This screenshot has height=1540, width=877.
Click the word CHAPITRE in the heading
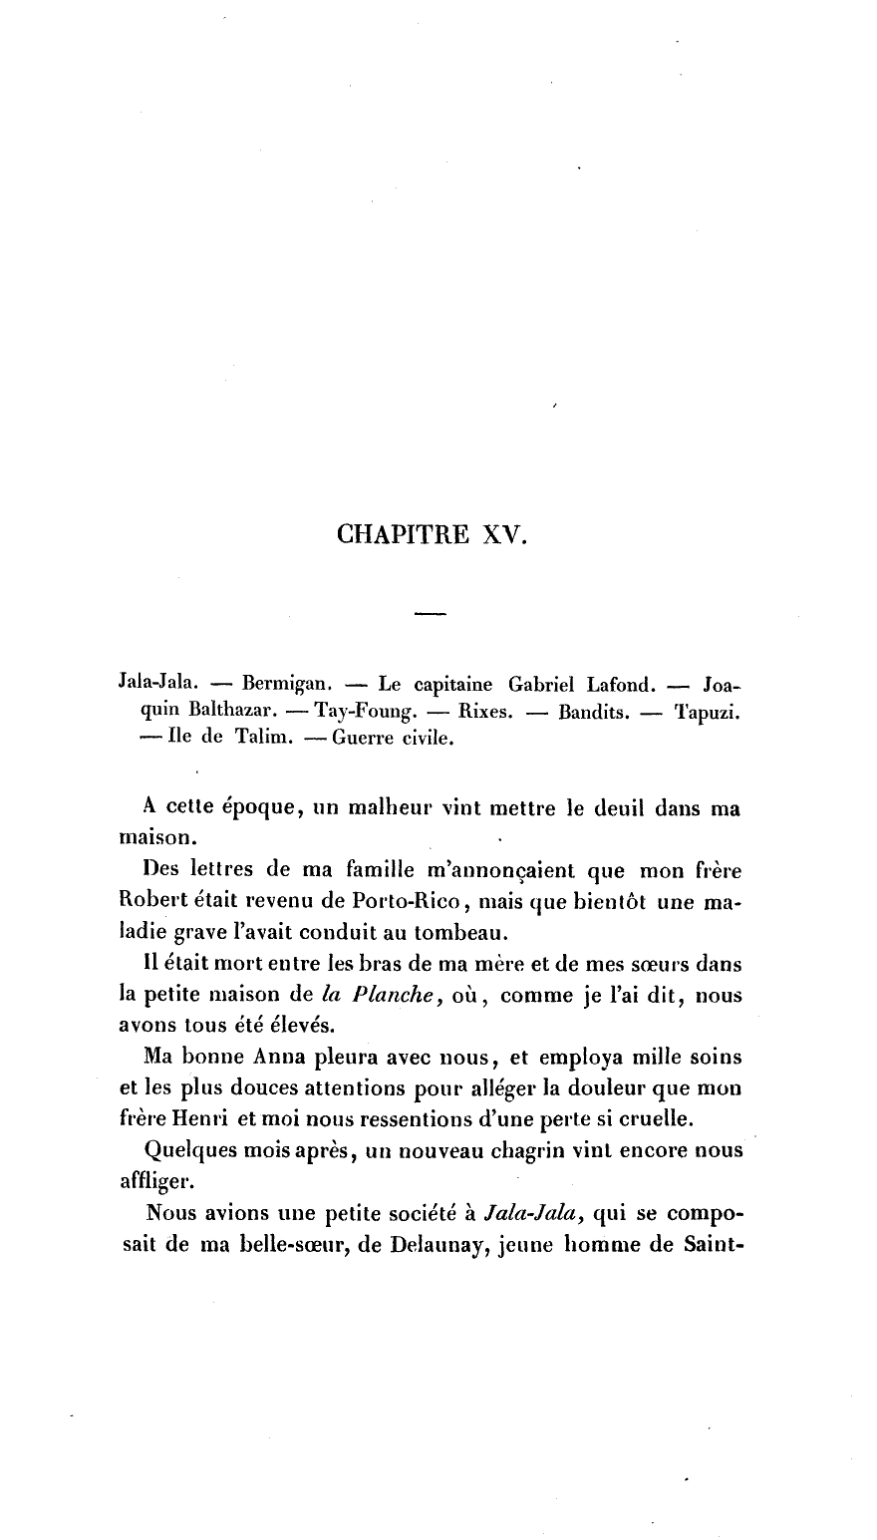(404, 534)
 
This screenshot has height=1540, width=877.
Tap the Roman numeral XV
(503, 534)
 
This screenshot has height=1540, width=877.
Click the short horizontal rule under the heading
(430, 612)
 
